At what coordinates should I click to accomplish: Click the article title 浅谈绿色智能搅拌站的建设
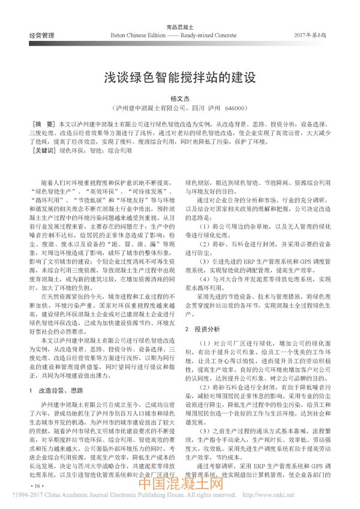[179, 77]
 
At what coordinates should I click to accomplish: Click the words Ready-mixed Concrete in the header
[220, 37]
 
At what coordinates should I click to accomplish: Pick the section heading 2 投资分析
[206, 329]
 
